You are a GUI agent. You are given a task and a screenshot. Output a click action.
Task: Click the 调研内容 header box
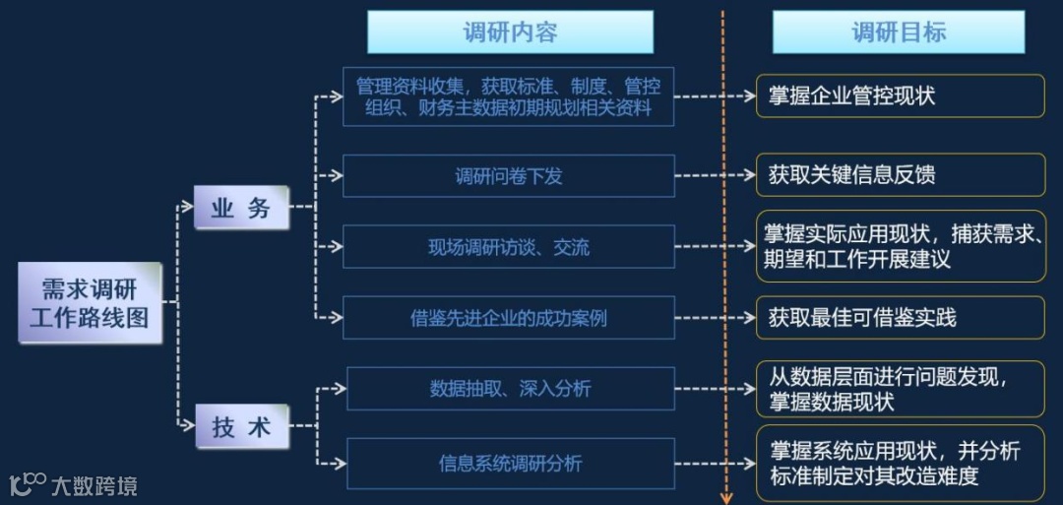point(510,32)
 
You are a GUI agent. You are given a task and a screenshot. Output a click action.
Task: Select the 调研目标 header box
point(898,32)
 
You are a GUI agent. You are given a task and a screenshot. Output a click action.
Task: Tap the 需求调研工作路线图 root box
point(90,302)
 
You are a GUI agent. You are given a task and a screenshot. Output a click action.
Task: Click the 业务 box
point(240,209)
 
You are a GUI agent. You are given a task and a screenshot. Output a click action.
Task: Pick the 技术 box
point(240,427)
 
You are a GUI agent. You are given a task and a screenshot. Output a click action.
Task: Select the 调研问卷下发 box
point(508,176)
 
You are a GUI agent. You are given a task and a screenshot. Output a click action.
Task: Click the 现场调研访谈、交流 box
point(508,247)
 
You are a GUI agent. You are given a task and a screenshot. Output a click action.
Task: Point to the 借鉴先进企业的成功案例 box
point(508,318)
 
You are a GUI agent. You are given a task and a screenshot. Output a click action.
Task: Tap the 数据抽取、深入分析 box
point(510,389)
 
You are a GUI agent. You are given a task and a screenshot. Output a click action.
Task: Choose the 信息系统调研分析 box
point(510,463)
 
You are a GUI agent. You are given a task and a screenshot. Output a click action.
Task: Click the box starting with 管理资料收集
point(508,96)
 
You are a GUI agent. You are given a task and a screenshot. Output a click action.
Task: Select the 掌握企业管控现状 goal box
point(900,96)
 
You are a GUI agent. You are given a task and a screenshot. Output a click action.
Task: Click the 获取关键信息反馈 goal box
point(900,176)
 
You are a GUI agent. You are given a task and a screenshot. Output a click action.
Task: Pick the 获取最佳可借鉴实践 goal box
point(900,318)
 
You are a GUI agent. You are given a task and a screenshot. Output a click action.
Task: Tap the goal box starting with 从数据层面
point(900,389)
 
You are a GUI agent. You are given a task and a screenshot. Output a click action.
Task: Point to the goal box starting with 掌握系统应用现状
point(900,463)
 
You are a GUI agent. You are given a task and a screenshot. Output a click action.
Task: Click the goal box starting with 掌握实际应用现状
point(900,247)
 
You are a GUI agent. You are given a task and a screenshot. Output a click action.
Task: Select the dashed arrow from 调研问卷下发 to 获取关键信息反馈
point(715,176)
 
